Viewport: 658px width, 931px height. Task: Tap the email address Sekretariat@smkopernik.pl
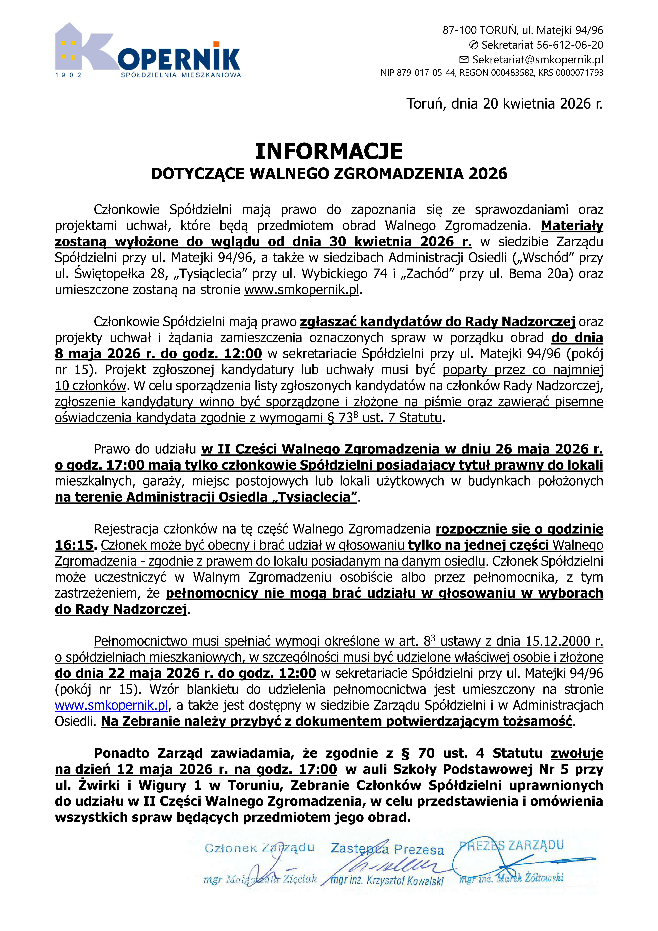pyautogui.click(x=537, y=60)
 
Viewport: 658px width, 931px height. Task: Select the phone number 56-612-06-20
pyautogui.click(x=570, y=45)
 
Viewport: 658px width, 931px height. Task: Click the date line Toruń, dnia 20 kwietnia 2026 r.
pyautogui.click(x=504, y=104)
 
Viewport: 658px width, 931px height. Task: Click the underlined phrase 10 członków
pyautogui.click(x=91, y=386)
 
